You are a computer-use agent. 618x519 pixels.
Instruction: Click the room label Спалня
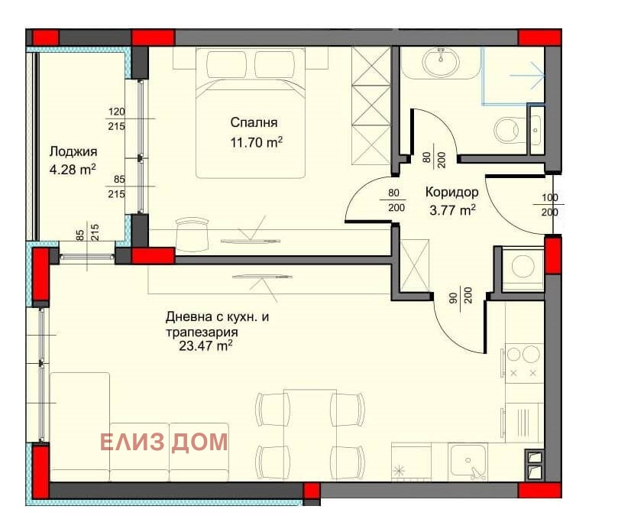(254, 122)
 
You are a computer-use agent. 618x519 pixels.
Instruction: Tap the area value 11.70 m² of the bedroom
(256, 142)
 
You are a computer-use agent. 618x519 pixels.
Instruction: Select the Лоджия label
(73, 151)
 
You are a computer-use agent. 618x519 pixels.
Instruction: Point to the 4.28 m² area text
(73, 170)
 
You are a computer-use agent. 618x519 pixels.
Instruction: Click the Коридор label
(452, 193)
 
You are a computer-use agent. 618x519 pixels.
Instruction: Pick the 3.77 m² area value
(452, 210)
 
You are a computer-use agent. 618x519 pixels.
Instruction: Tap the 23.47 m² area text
(205, 345)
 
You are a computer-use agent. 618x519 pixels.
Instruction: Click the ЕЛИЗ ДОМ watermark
(164, 442)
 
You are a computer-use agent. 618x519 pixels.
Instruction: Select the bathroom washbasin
(441, 61)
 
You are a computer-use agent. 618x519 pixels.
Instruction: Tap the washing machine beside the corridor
(523, 266)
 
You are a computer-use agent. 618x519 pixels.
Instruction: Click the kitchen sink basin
(468, 460)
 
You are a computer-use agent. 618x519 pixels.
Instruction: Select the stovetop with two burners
(523, 362)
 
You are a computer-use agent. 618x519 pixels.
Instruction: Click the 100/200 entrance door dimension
(550, 205)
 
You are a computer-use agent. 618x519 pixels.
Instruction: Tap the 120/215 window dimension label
(117, 118)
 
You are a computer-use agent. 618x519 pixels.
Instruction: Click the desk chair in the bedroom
(192, 233)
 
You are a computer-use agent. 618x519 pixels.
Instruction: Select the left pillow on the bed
(226, 65)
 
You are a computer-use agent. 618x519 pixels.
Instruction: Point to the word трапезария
(202, 332)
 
